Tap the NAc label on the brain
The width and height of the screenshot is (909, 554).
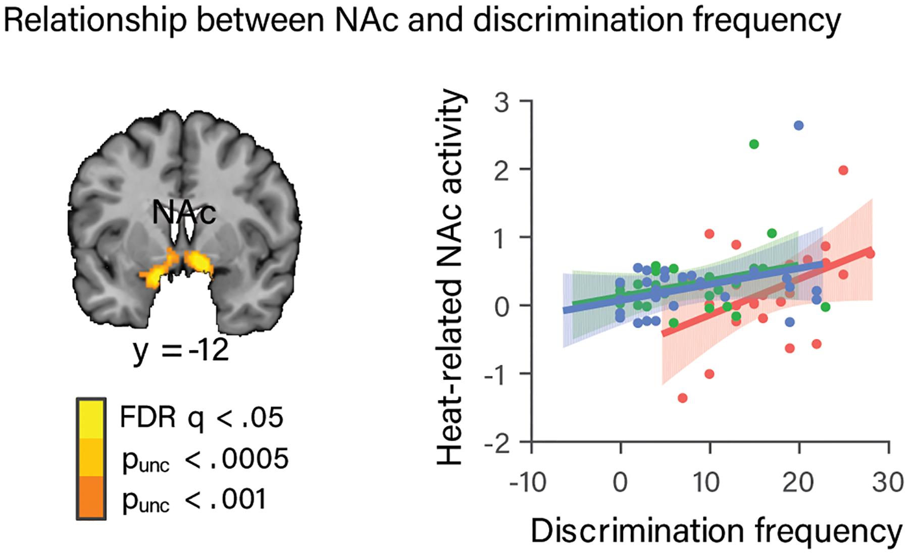[x=184, y=213]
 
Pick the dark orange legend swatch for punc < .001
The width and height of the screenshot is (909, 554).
[x=91, y=497]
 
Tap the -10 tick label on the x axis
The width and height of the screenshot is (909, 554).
[x=528, y=483]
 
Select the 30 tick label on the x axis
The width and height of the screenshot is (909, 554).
[x=888, y=483]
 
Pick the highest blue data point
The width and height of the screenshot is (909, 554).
[x=798, y=126]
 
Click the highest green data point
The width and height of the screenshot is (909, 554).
[x=754, y=144]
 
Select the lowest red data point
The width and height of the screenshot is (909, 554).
[x=683, y=398]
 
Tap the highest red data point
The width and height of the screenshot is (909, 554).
[x=843, y=171]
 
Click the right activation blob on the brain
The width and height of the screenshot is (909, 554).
[x=199, y=262]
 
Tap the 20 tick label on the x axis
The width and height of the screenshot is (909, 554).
[x=798, y=483]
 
